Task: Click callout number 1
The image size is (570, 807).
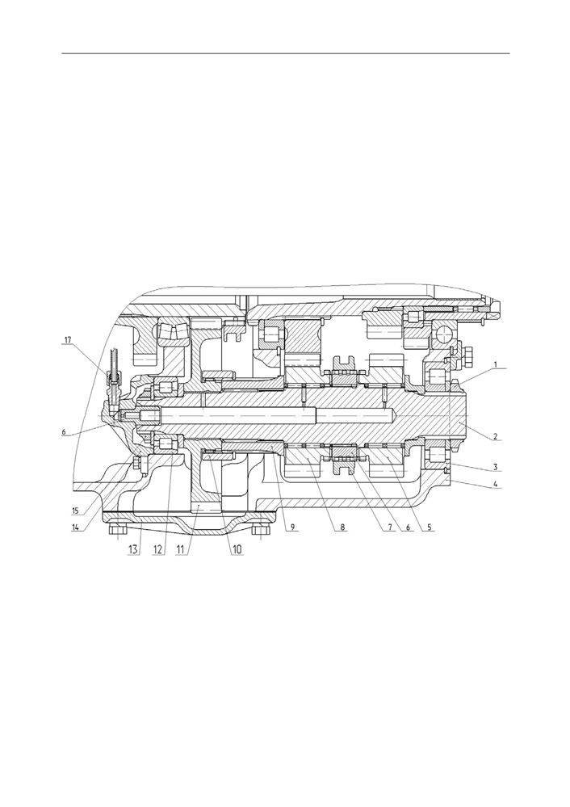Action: [x=495, y=364]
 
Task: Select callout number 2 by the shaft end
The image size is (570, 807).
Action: [x=495, y=436]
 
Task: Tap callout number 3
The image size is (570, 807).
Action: [x=495, y=467]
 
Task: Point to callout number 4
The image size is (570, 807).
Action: [x=495, y=483]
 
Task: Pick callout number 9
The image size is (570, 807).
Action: [x=292, y=527]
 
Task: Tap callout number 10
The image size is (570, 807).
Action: [x=237, y=549]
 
